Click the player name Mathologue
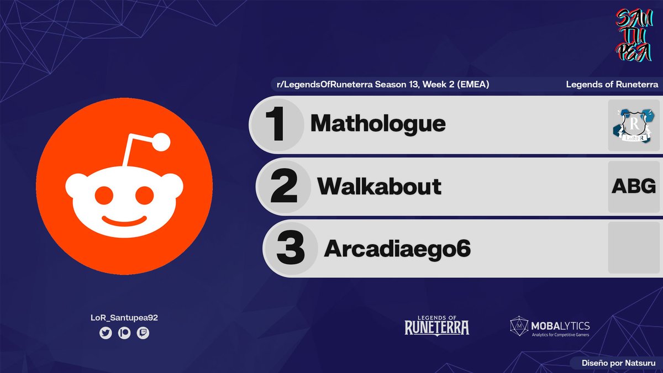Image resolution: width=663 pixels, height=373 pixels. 378,124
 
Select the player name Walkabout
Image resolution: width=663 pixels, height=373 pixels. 379,187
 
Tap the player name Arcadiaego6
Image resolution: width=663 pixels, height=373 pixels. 397,249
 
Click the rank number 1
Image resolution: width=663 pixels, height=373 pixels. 276,124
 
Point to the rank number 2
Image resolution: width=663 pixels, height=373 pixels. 284,187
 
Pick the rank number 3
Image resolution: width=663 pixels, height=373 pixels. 291,249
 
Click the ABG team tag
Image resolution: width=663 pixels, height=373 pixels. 634,187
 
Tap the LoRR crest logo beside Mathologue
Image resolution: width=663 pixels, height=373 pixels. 634,125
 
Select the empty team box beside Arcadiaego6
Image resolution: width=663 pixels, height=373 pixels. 634,248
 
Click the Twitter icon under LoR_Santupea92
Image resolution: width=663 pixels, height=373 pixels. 106,333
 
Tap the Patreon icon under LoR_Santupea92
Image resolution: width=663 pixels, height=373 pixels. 124,333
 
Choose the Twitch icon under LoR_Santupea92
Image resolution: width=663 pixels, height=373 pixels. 143,333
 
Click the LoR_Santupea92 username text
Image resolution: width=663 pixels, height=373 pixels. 124,318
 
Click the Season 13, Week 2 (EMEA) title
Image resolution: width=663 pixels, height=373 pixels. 383,85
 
